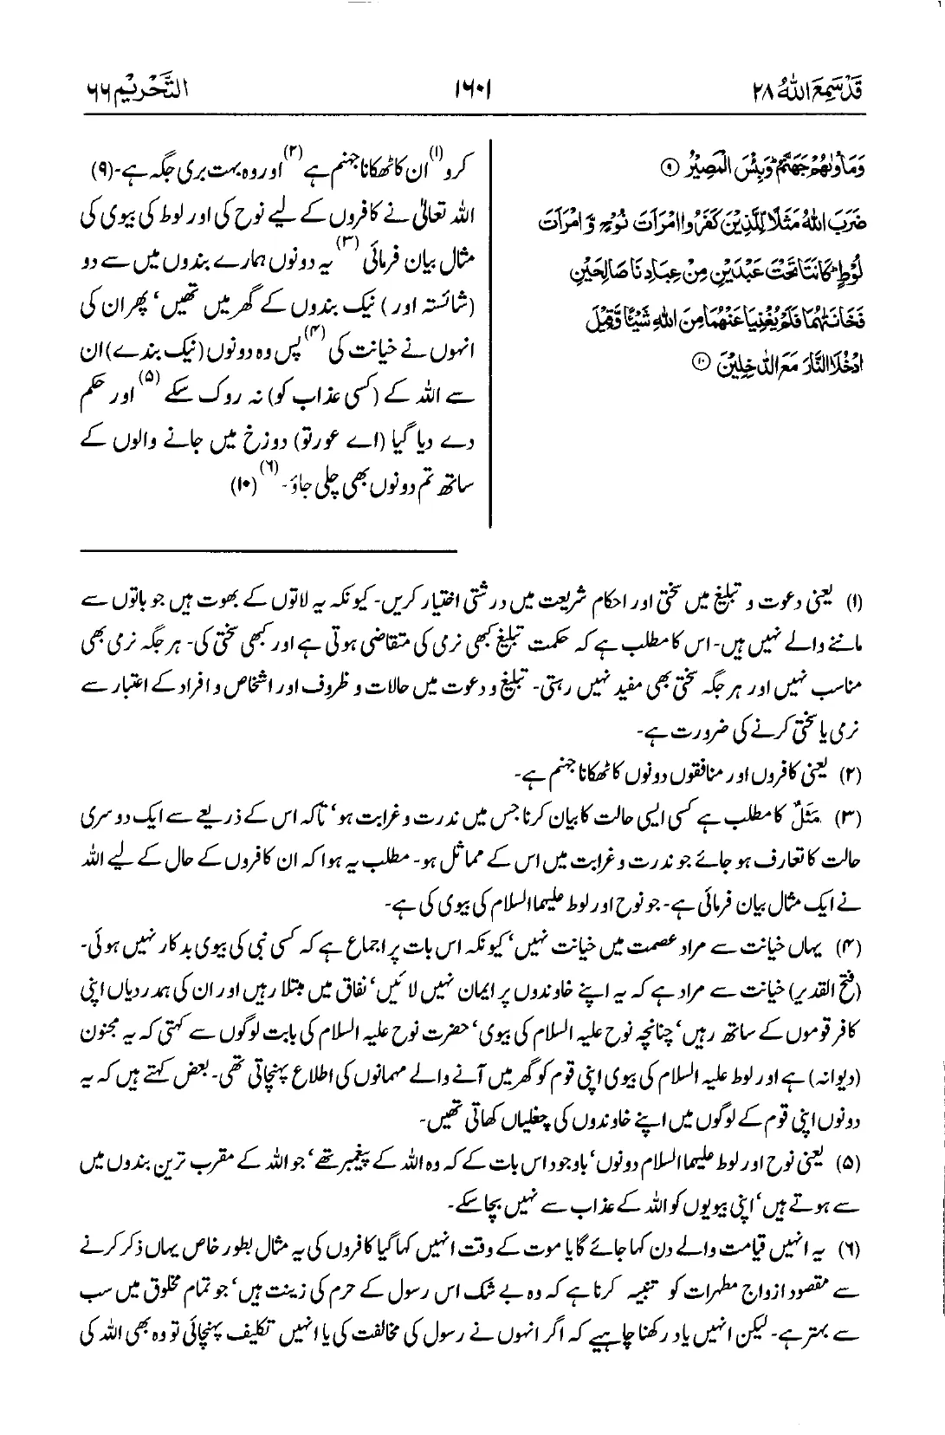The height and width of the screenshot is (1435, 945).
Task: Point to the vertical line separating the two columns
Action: [x=492, y=329]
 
